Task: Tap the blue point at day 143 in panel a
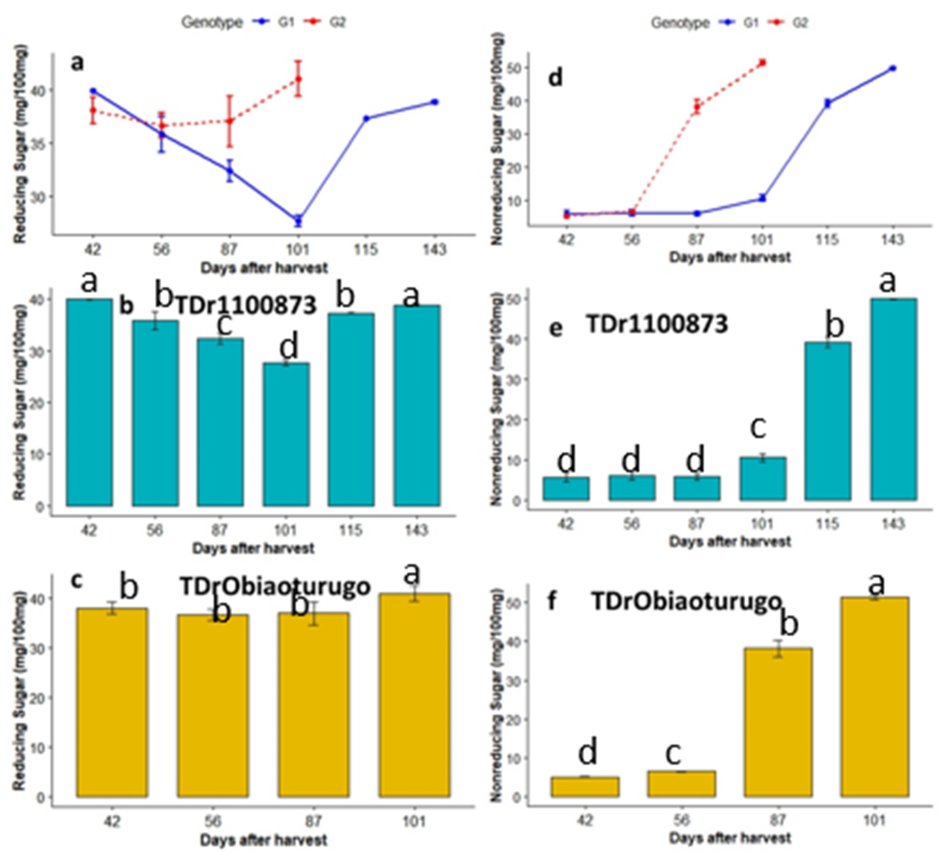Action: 434,102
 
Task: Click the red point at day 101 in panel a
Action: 298,79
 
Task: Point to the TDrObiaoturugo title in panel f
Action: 685,602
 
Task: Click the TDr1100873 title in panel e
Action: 657,324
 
